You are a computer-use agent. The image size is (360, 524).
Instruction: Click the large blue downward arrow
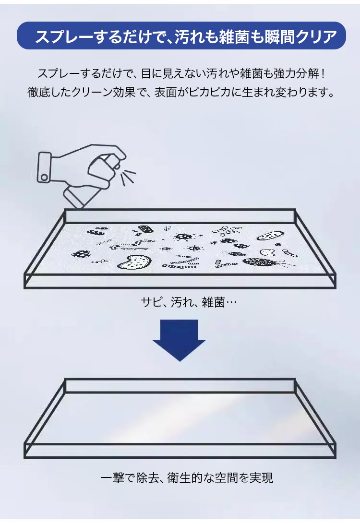tap(179, 340)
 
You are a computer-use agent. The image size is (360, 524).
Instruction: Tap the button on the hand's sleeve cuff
tap(43, 177)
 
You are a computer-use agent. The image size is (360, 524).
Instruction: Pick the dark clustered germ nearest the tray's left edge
tap(81, 254)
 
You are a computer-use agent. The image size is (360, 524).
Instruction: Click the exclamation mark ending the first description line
tap(323, 73)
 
